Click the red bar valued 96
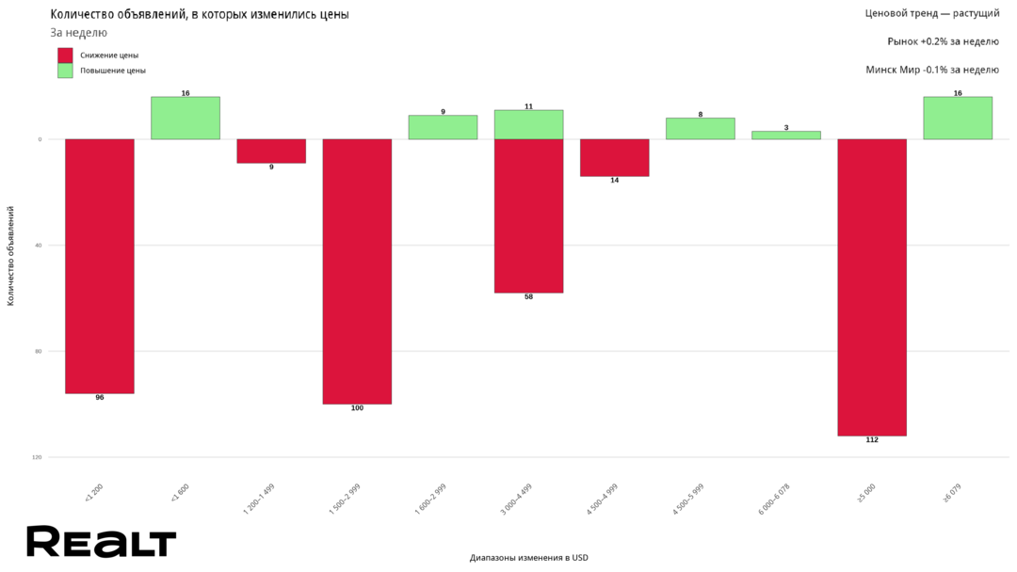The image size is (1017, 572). tap(100, 265)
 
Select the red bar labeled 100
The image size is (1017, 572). tap(357, 271)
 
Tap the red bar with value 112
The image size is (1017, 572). tap(872, 287)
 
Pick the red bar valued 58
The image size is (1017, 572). tap(528, 215)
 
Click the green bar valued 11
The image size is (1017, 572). tap(528, 124)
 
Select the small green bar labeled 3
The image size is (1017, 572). tap(786, 135)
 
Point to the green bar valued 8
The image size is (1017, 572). tap(700, 129)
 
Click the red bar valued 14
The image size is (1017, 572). tap(614, 157)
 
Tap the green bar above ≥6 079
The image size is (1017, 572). tap(958, 118)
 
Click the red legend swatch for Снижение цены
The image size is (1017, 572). tap(65, 56)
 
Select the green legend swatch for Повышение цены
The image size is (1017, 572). tap(65, 71)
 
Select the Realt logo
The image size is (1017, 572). tap(101, 542)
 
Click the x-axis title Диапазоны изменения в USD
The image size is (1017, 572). tap(528, 558)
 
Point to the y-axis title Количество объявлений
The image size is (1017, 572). tap(11, 255)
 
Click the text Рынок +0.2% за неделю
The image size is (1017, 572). tap(943, 41)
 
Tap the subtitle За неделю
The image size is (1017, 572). tap(78, 33)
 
